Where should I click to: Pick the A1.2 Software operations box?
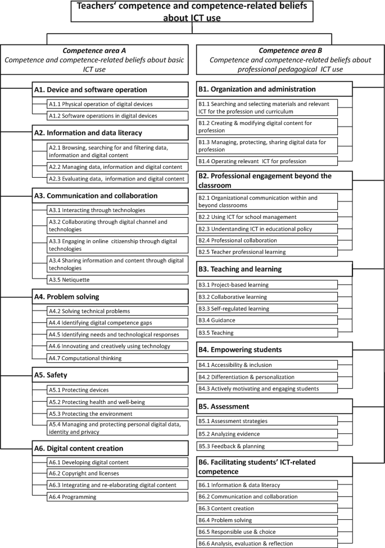(117, 116)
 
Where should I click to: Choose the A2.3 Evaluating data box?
(117, 179)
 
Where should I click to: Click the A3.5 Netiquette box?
(117, 280)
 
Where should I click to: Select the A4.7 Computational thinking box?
(117, 358)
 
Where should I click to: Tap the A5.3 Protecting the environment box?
(117, 414)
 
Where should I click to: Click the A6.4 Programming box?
(117, 496)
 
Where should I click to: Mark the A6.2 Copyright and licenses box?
(117, 474)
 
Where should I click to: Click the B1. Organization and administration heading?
(274, 89)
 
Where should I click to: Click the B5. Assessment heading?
(274, 406)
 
